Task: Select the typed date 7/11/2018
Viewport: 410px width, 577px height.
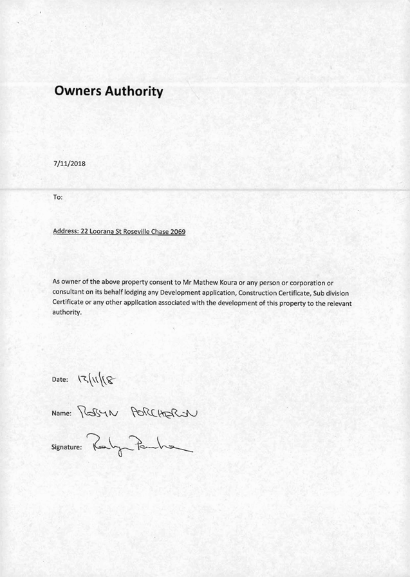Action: click(x=69, y=163)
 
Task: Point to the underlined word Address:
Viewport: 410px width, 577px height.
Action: click(x=65, y=231)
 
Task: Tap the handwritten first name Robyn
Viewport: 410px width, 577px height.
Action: click(x=95, y=411)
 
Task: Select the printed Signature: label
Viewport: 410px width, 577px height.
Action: click(x=67, y=446)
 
